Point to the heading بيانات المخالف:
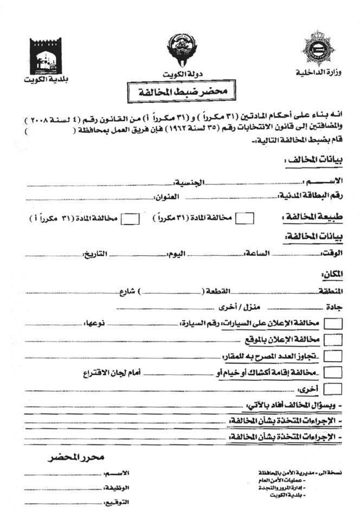click(x=311, y=161)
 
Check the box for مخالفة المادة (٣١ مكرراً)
click(x=245, y=218)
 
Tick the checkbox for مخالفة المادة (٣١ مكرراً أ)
click(x=129, y=218)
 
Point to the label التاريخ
click(x=93, y=254)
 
